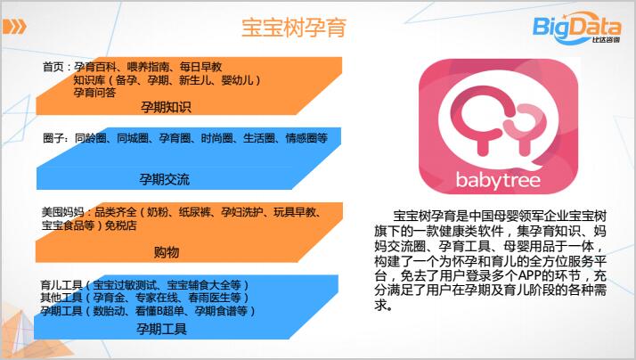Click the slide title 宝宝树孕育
294,28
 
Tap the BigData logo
576,28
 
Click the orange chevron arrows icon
14,27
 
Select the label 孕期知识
166,107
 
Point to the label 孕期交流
164,179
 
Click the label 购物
167,252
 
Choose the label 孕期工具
161,329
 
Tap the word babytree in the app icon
498,180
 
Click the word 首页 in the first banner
53,67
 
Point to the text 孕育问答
94,93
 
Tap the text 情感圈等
306,138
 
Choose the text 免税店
121,225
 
